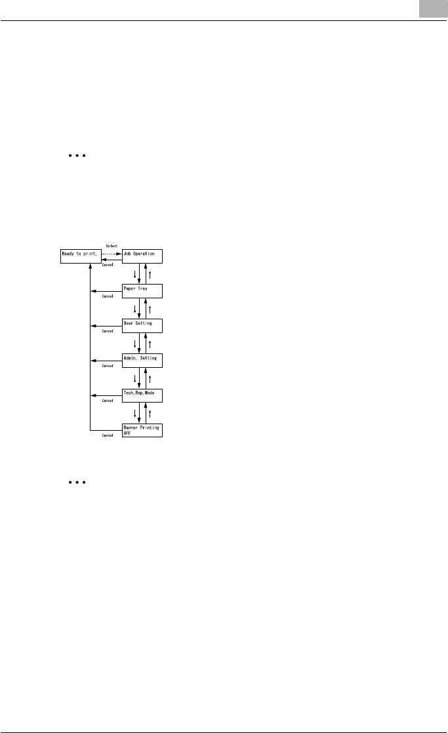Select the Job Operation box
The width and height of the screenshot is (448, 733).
tap(142, 256)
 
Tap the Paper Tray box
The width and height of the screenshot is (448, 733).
tap(142, 291)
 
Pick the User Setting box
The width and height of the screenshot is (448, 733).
tap(142, 326)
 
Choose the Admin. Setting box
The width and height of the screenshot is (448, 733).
tap(142, 361)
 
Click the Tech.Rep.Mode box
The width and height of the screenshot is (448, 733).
tap(142, 395)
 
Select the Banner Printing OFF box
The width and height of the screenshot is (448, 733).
tap(142, 430)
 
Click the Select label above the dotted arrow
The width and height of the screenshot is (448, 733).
tap(111, 247)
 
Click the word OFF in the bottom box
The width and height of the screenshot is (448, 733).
tap(129, 433)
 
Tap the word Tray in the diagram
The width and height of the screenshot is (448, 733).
tap(145, 288)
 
